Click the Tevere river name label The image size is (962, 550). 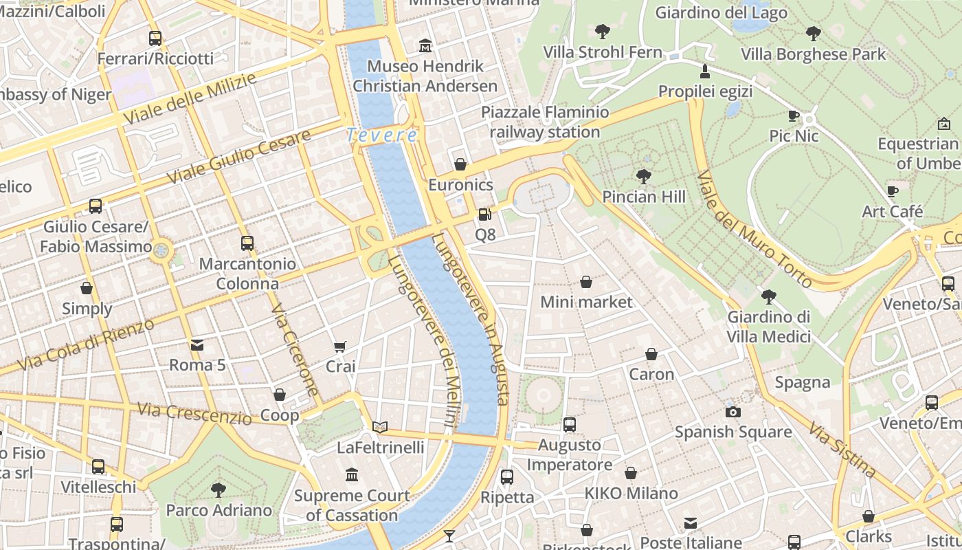pyautogui.click(x=381, y=135)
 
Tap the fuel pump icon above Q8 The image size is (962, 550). pyautogui.click(x=485, y=214)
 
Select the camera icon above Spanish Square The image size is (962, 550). pyautogui.click(x=733, y=412)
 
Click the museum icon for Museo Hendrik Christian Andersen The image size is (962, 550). pyautogui.click(x=425, y=46)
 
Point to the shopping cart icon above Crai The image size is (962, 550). pyautogui.click(x=340, y=346)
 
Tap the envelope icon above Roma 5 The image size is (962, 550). pyautogui.click(x=197, y=345)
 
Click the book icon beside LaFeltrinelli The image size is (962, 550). pyautogui.click(x=380, y=427)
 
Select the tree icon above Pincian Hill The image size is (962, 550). pyautogui.click(x=644, y=177)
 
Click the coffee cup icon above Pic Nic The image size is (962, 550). pyautogui.click(x=794, y=115)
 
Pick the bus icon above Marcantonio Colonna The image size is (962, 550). pyautogui.click(x=247, y=243)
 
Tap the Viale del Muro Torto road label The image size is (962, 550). pyautogui.click(x=754, y=229)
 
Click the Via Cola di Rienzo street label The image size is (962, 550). pyautogui.click(x=86, y=345)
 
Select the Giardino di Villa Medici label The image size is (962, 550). pyautogui.click(x=769, y=327)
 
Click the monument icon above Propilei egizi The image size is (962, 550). pyautogui.click(x=704, y=71)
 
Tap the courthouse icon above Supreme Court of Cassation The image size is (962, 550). pyautogui.click(x=353, y=475)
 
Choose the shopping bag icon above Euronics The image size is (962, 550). pyautogui.click(x=460, y=164)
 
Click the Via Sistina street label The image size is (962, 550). pyautogui.click(x=842, y=450)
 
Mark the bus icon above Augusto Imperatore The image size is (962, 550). pyautogui.click(x=570, y=425)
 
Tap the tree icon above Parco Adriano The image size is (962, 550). pyautogui.click(x=219, y=490)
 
